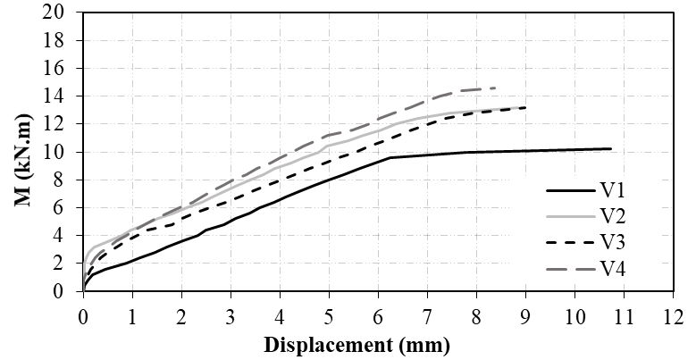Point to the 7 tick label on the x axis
tap(427, 314)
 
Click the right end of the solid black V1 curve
tap(611, 148)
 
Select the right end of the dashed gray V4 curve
tap(496, 88)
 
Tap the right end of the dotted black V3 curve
tap(525, 107)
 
